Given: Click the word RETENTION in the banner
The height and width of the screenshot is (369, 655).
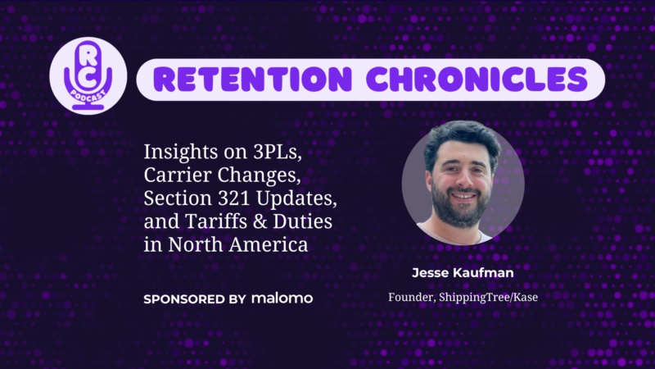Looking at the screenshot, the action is [x=253, y=80].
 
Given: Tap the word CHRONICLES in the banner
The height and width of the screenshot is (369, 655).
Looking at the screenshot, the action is [x=477, y=80].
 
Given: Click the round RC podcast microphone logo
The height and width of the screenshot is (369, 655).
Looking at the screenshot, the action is [x=88, y=75].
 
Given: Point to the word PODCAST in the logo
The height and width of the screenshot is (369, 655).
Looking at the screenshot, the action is [x=88, y=96].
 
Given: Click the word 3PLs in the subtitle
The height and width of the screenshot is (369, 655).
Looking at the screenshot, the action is [x=278, y=152].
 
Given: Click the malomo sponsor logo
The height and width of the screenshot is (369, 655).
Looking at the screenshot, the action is [x=282, y=298].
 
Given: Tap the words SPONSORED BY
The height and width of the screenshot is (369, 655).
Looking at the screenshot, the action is [x=195, y=299].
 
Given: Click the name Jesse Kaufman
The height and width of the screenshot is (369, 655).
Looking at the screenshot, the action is [x=463, y=273].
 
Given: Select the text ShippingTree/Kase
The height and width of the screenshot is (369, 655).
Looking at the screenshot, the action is [x=488, y=298].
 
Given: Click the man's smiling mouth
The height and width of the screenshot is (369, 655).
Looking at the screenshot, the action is [x=463, y=196].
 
